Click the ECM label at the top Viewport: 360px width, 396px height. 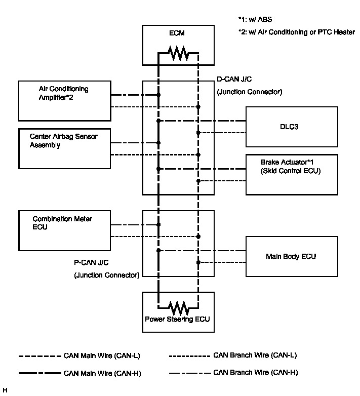[177, 33]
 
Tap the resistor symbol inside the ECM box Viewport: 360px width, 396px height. [178, 53]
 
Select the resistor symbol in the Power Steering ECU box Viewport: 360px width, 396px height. [178, 308]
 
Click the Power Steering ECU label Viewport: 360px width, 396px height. [177, 320]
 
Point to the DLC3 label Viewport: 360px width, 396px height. [289, 127]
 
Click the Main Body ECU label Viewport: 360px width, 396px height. [291, 257]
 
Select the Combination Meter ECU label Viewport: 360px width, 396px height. [62, 223]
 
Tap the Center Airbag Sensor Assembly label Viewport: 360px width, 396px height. [63, 141]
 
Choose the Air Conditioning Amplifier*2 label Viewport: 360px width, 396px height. [63, 93]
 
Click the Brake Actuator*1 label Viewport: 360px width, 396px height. [287, 162]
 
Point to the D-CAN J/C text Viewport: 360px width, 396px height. [234, 80]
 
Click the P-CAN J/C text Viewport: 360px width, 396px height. [91, 263]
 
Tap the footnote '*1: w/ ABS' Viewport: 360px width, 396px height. [255, 19]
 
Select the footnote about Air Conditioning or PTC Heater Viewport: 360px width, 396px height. [297, 32]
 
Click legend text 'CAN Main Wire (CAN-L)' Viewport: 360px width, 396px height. [102, 356]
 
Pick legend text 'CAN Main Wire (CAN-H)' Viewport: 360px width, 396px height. [102, 373]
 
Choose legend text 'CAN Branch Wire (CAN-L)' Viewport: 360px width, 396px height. [255, 355]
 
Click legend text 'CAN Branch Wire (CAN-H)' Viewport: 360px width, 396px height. [256, 373]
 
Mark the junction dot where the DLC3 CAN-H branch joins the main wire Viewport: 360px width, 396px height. [158, 121]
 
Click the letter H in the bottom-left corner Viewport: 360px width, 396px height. [5, 390]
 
